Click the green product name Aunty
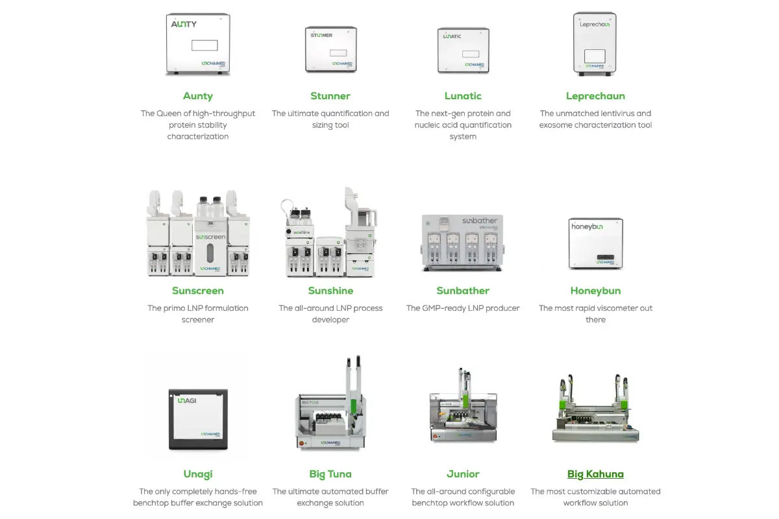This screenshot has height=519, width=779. (x=198, y=96)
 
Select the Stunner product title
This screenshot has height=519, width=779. (x=330, y=96)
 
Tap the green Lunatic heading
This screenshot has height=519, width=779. (x=463, y=96)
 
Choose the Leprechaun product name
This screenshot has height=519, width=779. (x=595, y=96)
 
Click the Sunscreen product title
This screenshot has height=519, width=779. (x=198, y=291)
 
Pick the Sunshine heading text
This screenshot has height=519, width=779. (x=330, y=291)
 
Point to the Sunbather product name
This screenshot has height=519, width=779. (x=463, y=291)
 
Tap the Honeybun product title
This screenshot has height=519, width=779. (x=595, y=291)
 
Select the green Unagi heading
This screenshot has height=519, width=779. (x=198, y=474)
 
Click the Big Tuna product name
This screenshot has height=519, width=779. (x=330, y=474)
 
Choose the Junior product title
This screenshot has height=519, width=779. (x=463, y=474)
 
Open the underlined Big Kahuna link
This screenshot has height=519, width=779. (x=595, y=474)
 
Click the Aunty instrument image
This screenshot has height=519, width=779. (x=198, y=44)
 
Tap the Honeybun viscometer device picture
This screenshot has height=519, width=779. (x=595, y=243)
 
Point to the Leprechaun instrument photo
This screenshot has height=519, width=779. (x=595, y=44)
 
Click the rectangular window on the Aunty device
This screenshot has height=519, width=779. (x=204, y=45)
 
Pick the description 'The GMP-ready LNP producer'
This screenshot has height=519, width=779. (x=463, y=308)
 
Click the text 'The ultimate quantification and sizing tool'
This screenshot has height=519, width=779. (x=330, y=119)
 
